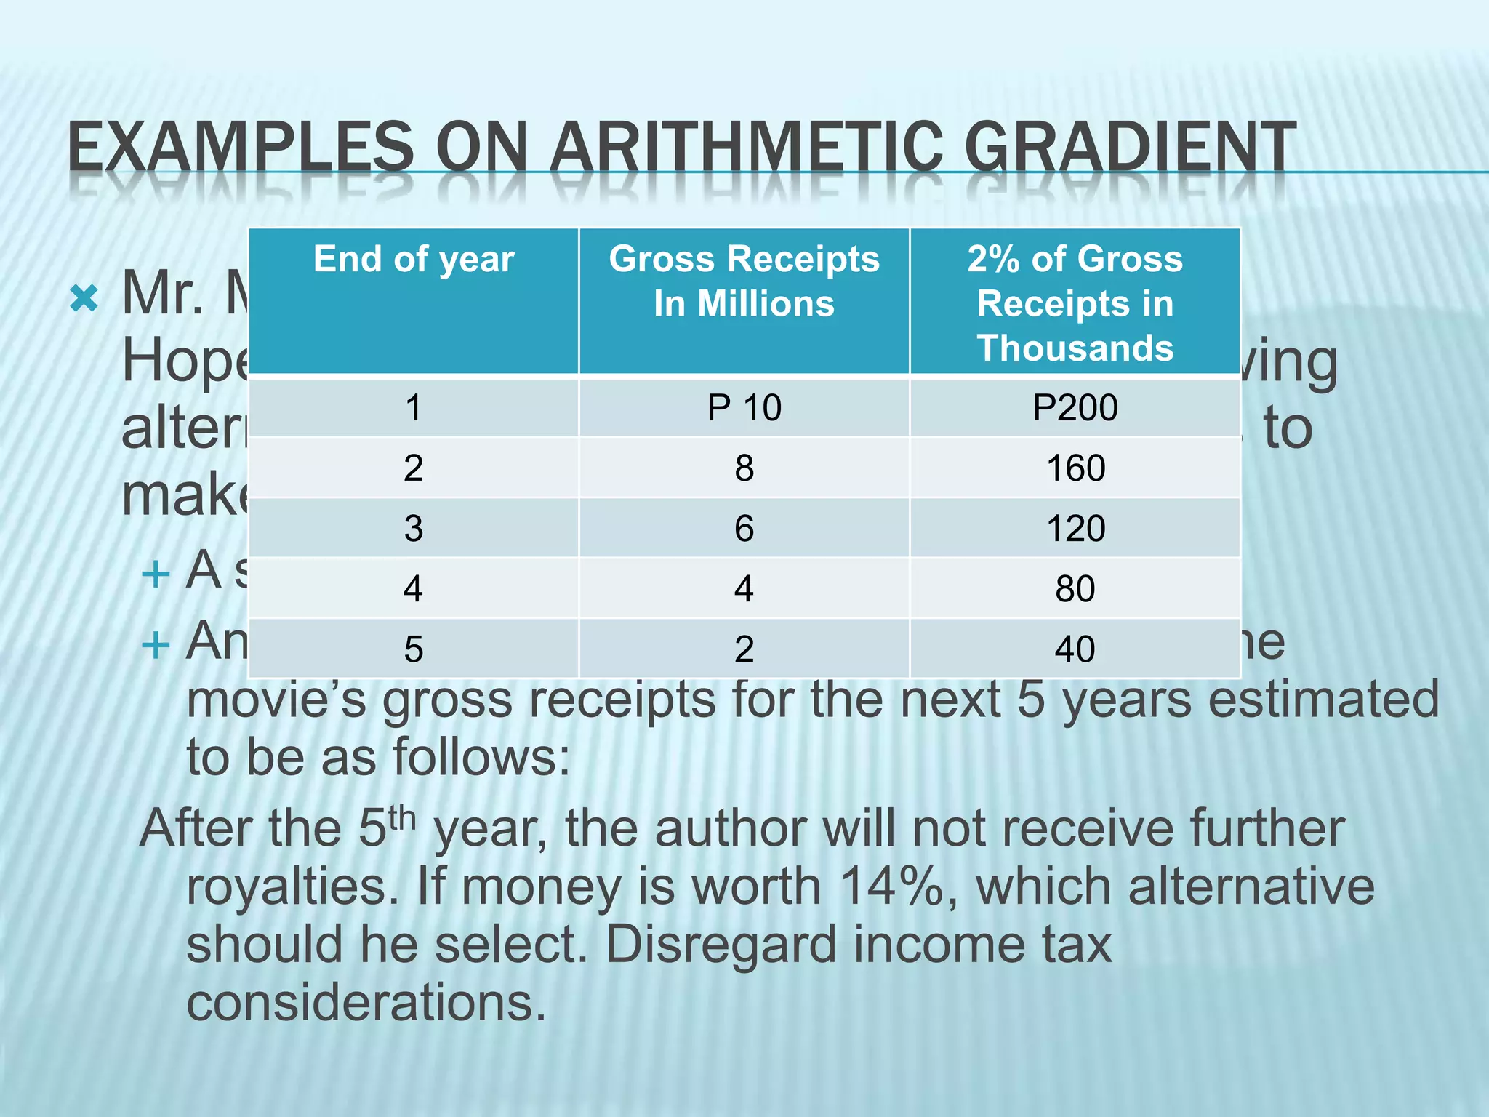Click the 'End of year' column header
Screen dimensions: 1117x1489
(414, 260)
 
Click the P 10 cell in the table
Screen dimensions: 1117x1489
(744, 407)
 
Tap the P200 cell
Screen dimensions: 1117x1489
(1075, 407)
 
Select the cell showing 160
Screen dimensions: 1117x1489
(1075, 468)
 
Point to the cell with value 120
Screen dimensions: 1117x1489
(1075, 528)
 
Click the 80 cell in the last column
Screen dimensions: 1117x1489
(1075, 588)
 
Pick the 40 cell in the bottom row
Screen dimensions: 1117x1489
(1075, 649)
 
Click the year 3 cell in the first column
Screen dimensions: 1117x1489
(414, 528)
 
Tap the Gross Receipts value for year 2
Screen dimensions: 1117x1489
(744, 468)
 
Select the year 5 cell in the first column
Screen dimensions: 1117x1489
(414, 649)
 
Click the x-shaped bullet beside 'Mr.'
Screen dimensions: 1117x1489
(84, 298)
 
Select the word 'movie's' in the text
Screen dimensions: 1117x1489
(276, 700)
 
